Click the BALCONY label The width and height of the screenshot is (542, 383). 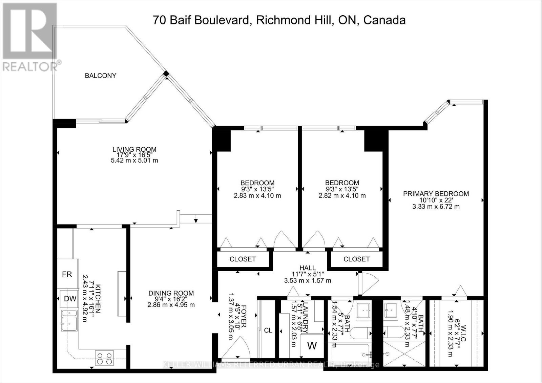click(x=100, y=76)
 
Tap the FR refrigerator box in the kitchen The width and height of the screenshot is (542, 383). click(x=67, y=274)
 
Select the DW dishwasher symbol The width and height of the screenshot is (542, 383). click(x=70, y=299)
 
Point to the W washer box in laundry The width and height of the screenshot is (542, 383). click(x=312, y=346)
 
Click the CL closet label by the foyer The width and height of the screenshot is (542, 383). click(x=268, y=330)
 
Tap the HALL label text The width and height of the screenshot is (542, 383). click(x=307, y=268)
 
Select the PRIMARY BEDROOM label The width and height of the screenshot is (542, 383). click(x=436, y=194)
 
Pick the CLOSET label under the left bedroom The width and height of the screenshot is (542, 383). click(x=243, y=259)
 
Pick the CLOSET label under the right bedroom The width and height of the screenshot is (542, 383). click(x=356, y=259)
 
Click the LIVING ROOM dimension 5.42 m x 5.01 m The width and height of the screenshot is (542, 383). click(x=134, y=161)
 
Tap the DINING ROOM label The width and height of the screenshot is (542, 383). click(x=171, y=293)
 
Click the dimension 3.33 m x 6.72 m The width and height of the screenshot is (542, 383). click(x=436, y=207)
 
